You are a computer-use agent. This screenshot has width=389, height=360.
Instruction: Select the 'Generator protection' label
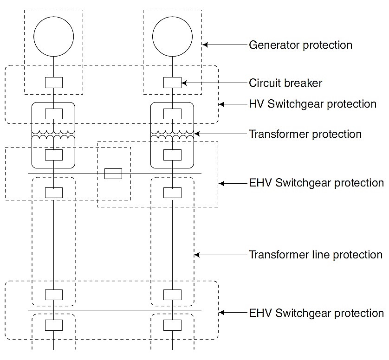(x=300, y=45)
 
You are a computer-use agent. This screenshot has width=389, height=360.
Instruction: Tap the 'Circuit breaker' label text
(x=285, y=83)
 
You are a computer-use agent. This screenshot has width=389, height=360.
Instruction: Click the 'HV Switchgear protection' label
(x=312, y=104)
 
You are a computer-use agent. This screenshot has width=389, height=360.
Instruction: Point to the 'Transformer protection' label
(x=305, y=134)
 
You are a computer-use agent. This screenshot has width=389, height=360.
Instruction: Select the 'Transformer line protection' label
(x=316, y=255)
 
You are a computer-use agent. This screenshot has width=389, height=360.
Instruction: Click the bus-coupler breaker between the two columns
(x=113, y=174)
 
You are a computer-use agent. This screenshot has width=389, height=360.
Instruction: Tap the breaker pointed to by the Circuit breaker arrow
(x=173, y=83)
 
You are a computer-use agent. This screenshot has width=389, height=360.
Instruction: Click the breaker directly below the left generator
(x=54, y=83)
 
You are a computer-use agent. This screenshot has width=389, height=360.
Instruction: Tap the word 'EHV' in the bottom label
(x=260, y=313)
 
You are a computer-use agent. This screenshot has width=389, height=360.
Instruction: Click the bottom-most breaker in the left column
(x=54, y=325)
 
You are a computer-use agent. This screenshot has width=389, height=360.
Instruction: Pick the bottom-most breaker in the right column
(x=173, y=325)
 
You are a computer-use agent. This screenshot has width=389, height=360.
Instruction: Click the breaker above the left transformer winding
(x=54, y=114)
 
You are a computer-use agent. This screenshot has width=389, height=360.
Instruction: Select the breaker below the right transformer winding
(x=173, y=155)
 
